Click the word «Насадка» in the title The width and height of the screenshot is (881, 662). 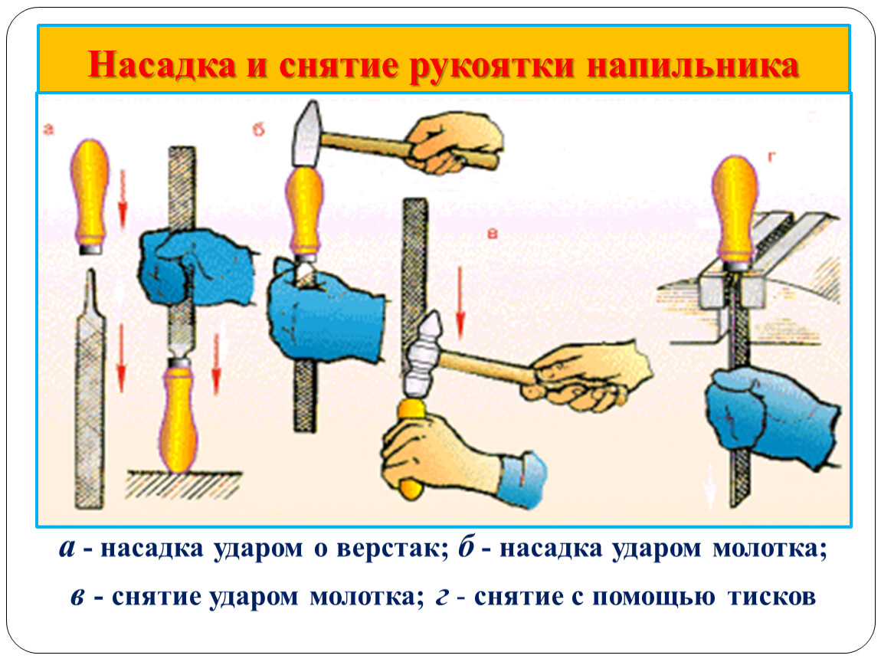[x=162, y=64]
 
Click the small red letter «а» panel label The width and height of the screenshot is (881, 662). [x=49, y=129]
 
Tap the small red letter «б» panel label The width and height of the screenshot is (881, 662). [x=258, y=129]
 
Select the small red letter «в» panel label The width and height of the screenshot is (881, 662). [x=492, y=233]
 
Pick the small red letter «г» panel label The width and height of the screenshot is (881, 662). [x=772, y=157]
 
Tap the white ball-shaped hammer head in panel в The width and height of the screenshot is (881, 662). [x=423, y=355]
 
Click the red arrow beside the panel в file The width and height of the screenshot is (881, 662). [x=460, y=303]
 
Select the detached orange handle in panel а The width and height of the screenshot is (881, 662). [x=90, y=196]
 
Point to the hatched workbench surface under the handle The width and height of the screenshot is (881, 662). [x=185, y=484]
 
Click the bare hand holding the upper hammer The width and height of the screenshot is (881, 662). [x=454, y=143]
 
